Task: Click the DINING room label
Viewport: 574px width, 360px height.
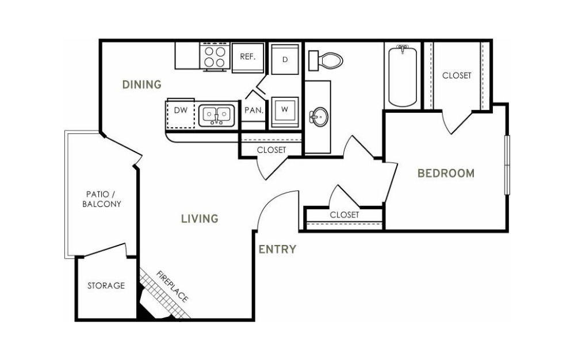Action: coord(141,85)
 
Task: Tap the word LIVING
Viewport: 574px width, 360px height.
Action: coord(200,219)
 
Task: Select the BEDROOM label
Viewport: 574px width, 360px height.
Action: coord(446,173)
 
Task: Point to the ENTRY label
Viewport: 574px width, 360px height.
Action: coord(277,250)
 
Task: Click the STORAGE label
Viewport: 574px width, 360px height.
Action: coord(106,285)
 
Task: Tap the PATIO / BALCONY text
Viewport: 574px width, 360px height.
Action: coord(101,199)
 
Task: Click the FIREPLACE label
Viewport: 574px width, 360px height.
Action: coord(173,287)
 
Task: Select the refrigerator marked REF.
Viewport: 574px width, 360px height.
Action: coord(248,58)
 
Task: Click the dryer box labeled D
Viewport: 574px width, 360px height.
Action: coord(285,59)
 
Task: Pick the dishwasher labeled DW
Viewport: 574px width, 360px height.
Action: coord(181,113)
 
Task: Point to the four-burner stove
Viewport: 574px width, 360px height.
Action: coord(215,57)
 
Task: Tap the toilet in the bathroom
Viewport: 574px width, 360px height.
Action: coord(326,60)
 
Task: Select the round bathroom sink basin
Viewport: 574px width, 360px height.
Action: coord(319,117)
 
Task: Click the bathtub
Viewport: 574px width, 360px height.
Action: coord(402,76)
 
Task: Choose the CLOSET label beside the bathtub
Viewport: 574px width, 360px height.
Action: coord(457,76)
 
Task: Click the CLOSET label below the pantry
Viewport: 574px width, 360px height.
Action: coord(271,150)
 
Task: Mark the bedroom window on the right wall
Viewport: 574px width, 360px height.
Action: coord(507,165)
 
